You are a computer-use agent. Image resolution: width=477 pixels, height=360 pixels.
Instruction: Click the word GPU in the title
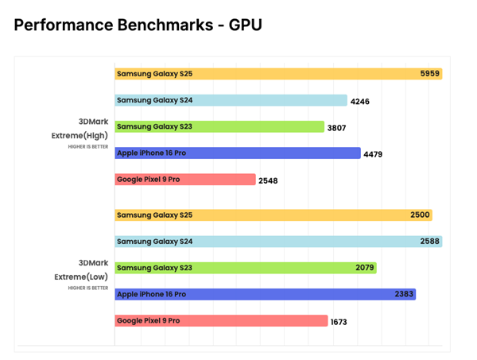pyautogui.click(x=245, y=25)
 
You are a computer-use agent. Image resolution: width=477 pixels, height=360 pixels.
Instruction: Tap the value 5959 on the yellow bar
pyautogui.click(x=429, y=74)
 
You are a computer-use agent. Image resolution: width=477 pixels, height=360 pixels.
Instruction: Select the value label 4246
pyautogui.click(x=359, y=102)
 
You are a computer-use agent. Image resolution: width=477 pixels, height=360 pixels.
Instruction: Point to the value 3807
pyautogui.click(x=336, y=128)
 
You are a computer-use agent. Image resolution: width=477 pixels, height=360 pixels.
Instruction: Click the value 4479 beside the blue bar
pyautogui.click(x=373, y=154)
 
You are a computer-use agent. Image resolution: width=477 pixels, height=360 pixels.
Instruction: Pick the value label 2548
pyautogui.click(x=268, y=180)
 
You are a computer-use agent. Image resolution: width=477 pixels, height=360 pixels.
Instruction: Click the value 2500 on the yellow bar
pyautogui.click(x=420, y=215)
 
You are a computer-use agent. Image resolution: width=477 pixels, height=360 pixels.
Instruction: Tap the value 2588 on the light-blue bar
pyautogui.click(x=429, y=242)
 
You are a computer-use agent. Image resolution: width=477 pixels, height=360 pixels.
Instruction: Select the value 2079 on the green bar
pyautogui.click(x=365, y=268)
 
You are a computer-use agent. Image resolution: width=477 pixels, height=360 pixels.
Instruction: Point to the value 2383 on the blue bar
pyautogui.click(x=404, y=294)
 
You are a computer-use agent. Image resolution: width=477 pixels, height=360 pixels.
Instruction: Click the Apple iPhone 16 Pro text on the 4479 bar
pyautogui.click(x=151, y=153)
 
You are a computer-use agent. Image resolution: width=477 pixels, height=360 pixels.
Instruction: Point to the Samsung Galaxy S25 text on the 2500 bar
pyautogui.click(x=154, y=215)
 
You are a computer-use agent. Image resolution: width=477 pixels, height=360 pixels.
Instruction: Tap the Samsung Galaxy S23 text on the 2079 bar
pyautogui.click(x=154, y=268)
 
